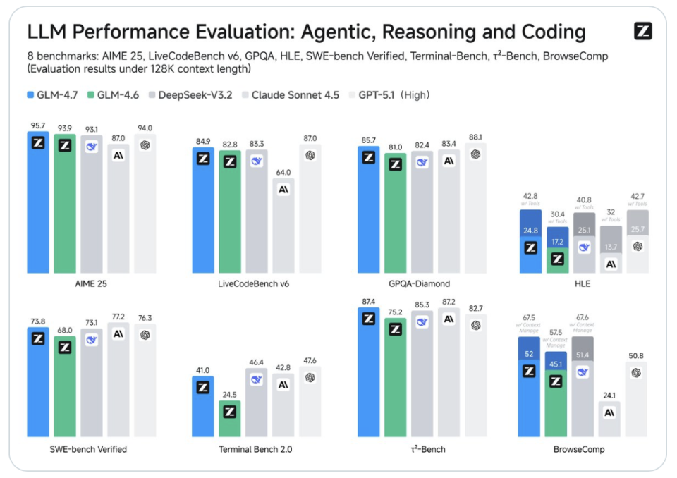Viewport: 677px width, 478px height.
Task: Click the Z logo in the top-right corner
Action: coord(642,31)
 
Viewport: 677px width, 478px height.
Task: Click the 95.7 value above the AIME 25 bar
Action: coord(38,125)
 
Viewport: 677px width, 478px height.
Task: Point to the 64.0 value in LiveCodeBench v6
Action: coord(283,173)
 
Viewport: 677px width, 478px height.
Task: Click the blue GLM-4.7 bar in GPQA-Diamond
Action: coord(368,212)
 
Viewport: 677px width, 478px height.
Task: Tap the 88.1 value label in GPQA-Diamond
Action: coord(475,137)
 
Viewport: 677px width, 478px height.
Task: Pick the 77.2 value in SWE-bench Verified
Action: coord(118,317)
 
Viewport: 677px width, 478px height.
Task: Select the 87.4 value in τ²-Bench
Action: coord(368,302)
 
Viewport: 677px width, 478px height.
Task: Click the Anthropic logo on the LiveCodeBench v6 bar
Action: coord(283,190)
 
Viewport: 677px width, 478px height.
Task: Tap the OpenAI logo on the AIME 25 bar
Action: coord(145,145)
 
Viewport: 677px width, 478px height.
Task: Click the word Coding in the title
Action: coord(551,32)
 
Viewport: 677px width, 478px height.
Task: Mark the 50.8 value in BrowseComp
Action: coord(637,356)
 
